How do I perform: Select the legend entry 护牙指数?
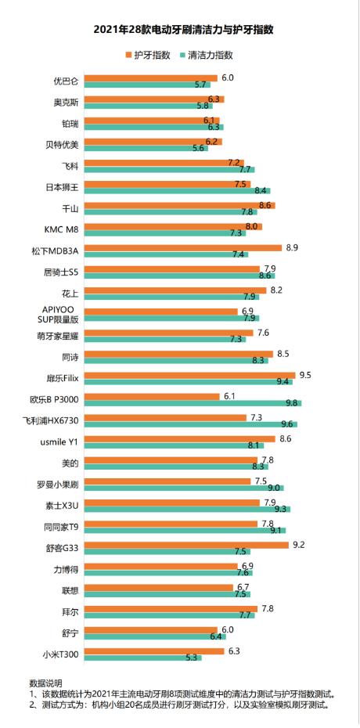(149, 56)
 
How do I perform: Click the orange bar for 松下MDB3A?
(183, 248)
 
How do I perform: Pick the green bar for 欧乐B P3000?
(193, 403)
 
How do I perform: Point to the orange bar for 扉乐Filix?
(189, 375)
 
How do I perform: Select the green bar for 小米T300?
(143, 658)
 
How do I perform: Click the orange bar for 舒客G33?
(186, 545)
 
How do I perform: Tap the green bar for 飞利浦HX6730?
(191, 424)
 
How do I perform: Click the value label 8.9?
(293, 247)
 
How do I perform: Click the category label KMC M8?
(61, 229)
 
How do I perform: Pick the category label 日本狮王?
(62, 186)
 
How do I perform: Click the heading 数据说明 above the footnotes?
(45, 683)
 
